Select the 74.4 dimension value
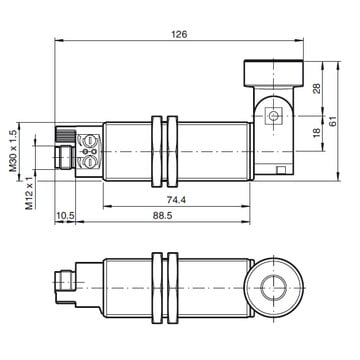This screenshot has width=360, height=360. click(x=176, y=200)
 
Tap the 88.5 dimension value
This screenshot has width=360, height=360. click(x=162, y=215)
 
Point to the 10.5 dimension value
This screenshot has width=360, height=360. click(x=65, y=216)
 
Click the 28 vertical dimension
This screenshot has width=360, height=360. click(x=317, y=88)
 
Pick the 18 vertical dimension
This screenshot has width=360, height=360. click(x=317, y=132)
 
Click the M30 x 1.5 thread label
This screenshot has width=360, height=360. click(x=13, y=150)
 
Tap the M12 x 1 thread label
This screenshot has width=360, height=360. click(x=30, y=193)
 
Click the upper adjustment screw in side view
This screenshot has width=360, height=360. click(x=89, y=141)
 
